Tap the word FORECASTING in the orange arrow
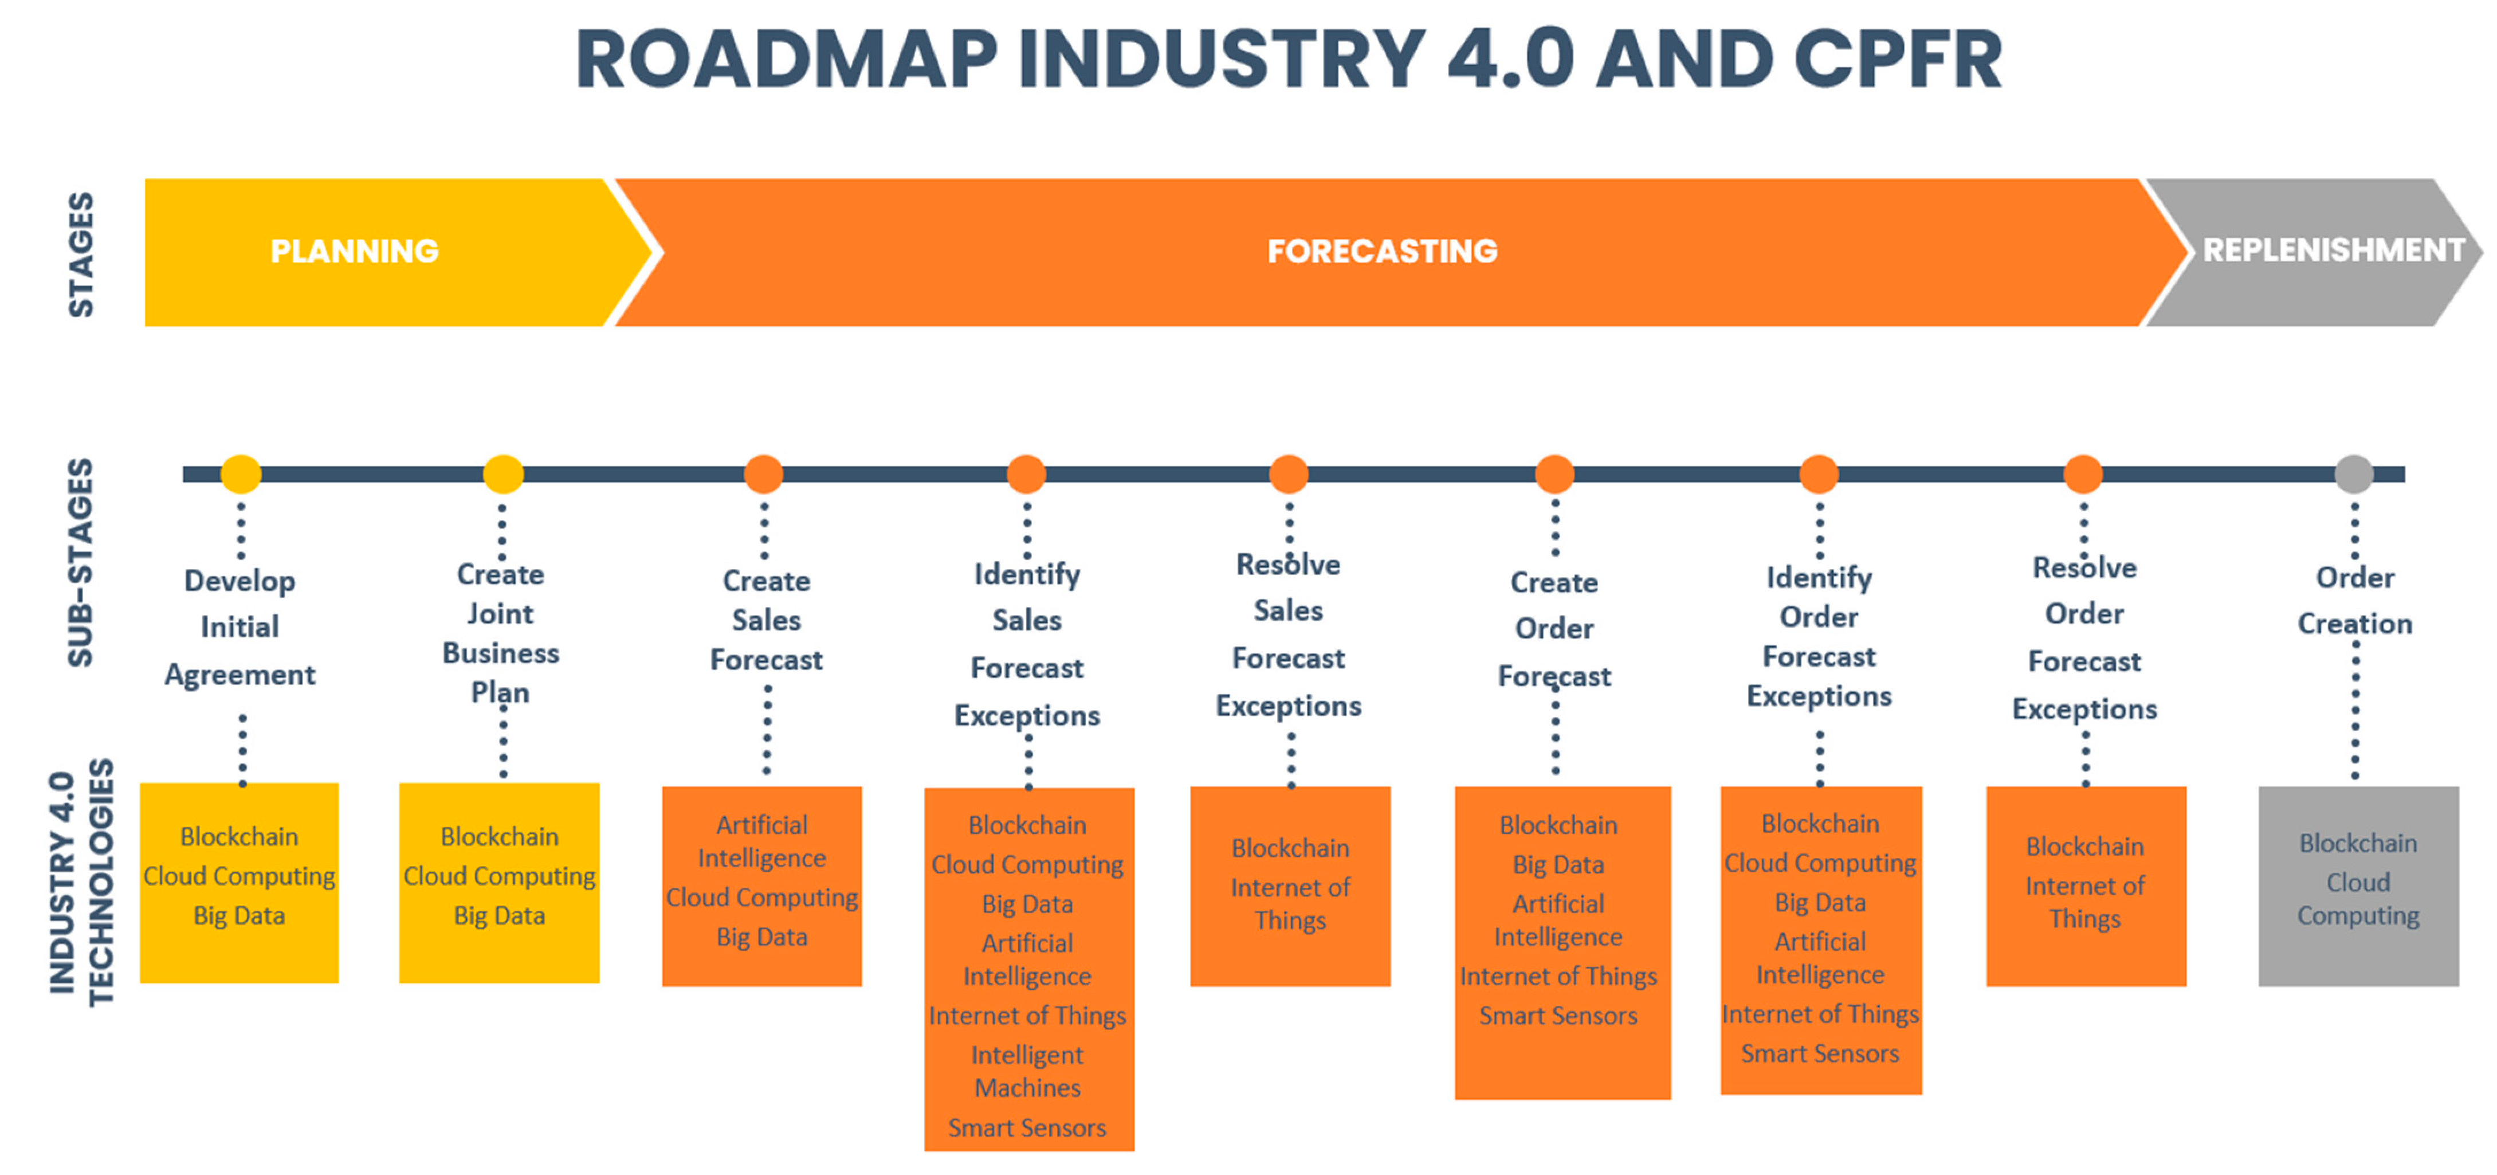tap(1382, 251)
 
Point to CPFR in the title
tap(1897, 60)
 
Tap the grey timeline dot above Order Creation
tap(2354, 474)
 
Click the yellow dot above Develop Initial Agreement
tap(241, 474)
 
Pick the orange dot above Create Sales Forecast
tap(764, 474)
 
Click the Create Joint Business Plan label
tap(500, 633)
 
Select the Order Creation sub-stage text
tap(2354, 600)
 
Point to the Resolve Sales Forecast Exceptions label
tap(1288, 635)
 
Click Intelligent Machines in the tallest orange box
tap(1027, 1071)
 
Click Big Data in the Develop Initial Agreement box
tap(240, 915)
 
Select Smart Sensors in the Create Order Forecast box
tap(1558, 1015)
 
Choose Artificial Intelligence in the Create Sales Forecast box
tap(762, 841)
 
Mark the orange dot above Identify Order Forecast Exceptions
tap(1819, 474)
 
